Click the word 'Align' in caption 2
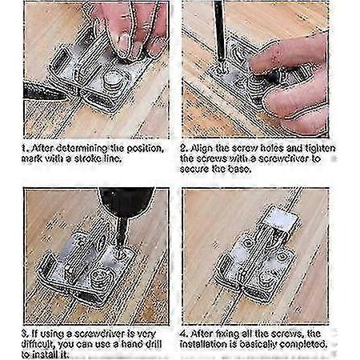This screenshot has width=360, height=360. (200, 148)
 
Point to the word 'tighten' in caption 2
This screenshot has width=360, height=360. (320, 148)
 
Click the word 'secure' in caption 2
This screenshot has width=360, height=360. (194, 169)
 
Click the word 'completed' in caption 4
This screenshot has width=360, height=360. (303, 345)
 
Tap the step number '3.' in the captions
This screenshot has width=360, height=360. (26, 334)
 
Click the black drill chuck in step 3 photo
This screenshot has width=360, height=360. (126, 201)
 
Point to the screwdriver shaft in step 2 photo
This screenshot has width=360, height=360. (219, 32)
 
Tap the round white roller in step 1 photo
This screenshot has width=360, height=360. (112, 79)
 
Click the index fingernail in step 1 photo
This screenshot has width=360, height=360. (122, 42)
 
